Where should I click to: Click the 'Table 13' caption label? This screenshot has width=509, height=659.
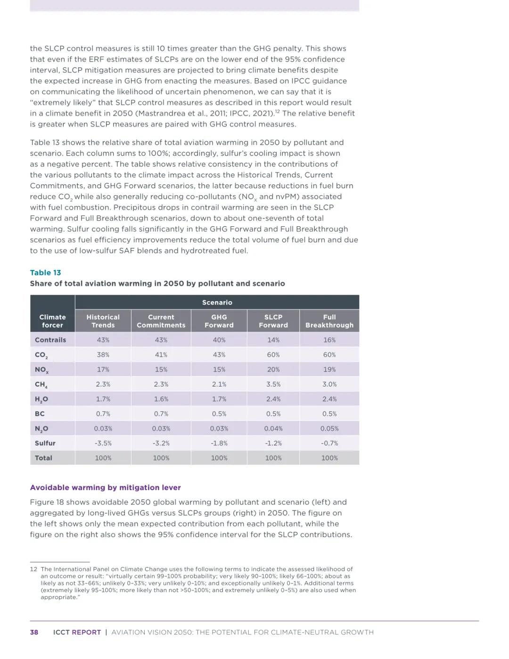tap(45, 272)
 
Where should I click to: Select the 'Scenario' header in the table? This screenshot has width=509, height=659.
tap(217, 302)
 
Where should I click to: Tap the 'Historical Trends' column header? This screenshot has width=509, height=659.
tap(103, 321)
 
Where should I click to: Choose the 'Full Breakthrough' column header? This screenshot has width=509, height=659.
tap(329, 321)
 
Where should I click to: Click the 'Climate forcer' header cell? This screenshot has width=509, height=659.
tap(52, 321)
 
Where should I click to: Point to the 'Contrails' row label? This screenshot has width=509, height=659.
tap(50, 340)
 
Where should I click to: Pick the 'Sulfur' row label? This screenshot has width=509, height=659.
tap(45, 443)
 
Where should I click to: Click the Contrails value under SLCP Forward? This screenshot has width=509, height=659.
tap(273, 340)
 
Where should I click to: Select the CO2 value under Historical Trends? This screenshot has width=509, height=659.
tap(103, 354)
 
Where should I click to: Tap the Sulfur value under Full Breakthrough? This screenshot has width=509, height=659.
tap(329, 443)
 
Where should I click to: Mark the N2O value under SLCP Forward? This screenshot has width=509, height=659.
tap(273, 428)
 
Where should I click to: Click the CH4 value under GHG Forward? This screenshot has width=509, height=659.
tap(219, 384)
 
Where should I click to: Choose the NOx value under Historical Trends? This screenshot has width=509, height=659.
tap(103, 370)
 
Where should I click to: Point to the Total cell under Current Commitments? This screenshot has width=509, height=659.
tap(161, 458)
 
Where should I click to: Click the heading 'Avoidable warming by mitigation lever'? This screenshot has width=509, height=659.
tap(105, 487)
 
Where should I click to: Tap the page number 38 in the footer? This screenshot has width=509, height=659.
tap(34, 632)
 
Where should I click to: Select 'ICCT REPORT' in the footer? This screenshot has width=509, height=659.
tap(77, 632)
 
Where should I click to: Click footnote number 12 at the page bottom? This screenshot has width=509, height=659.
tap(33, 569)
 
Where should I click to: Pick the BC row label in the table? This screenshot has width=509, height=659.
tap(40, 413)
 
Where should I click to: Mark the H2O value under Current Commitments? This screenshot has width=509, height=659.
tap(161, 399)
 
